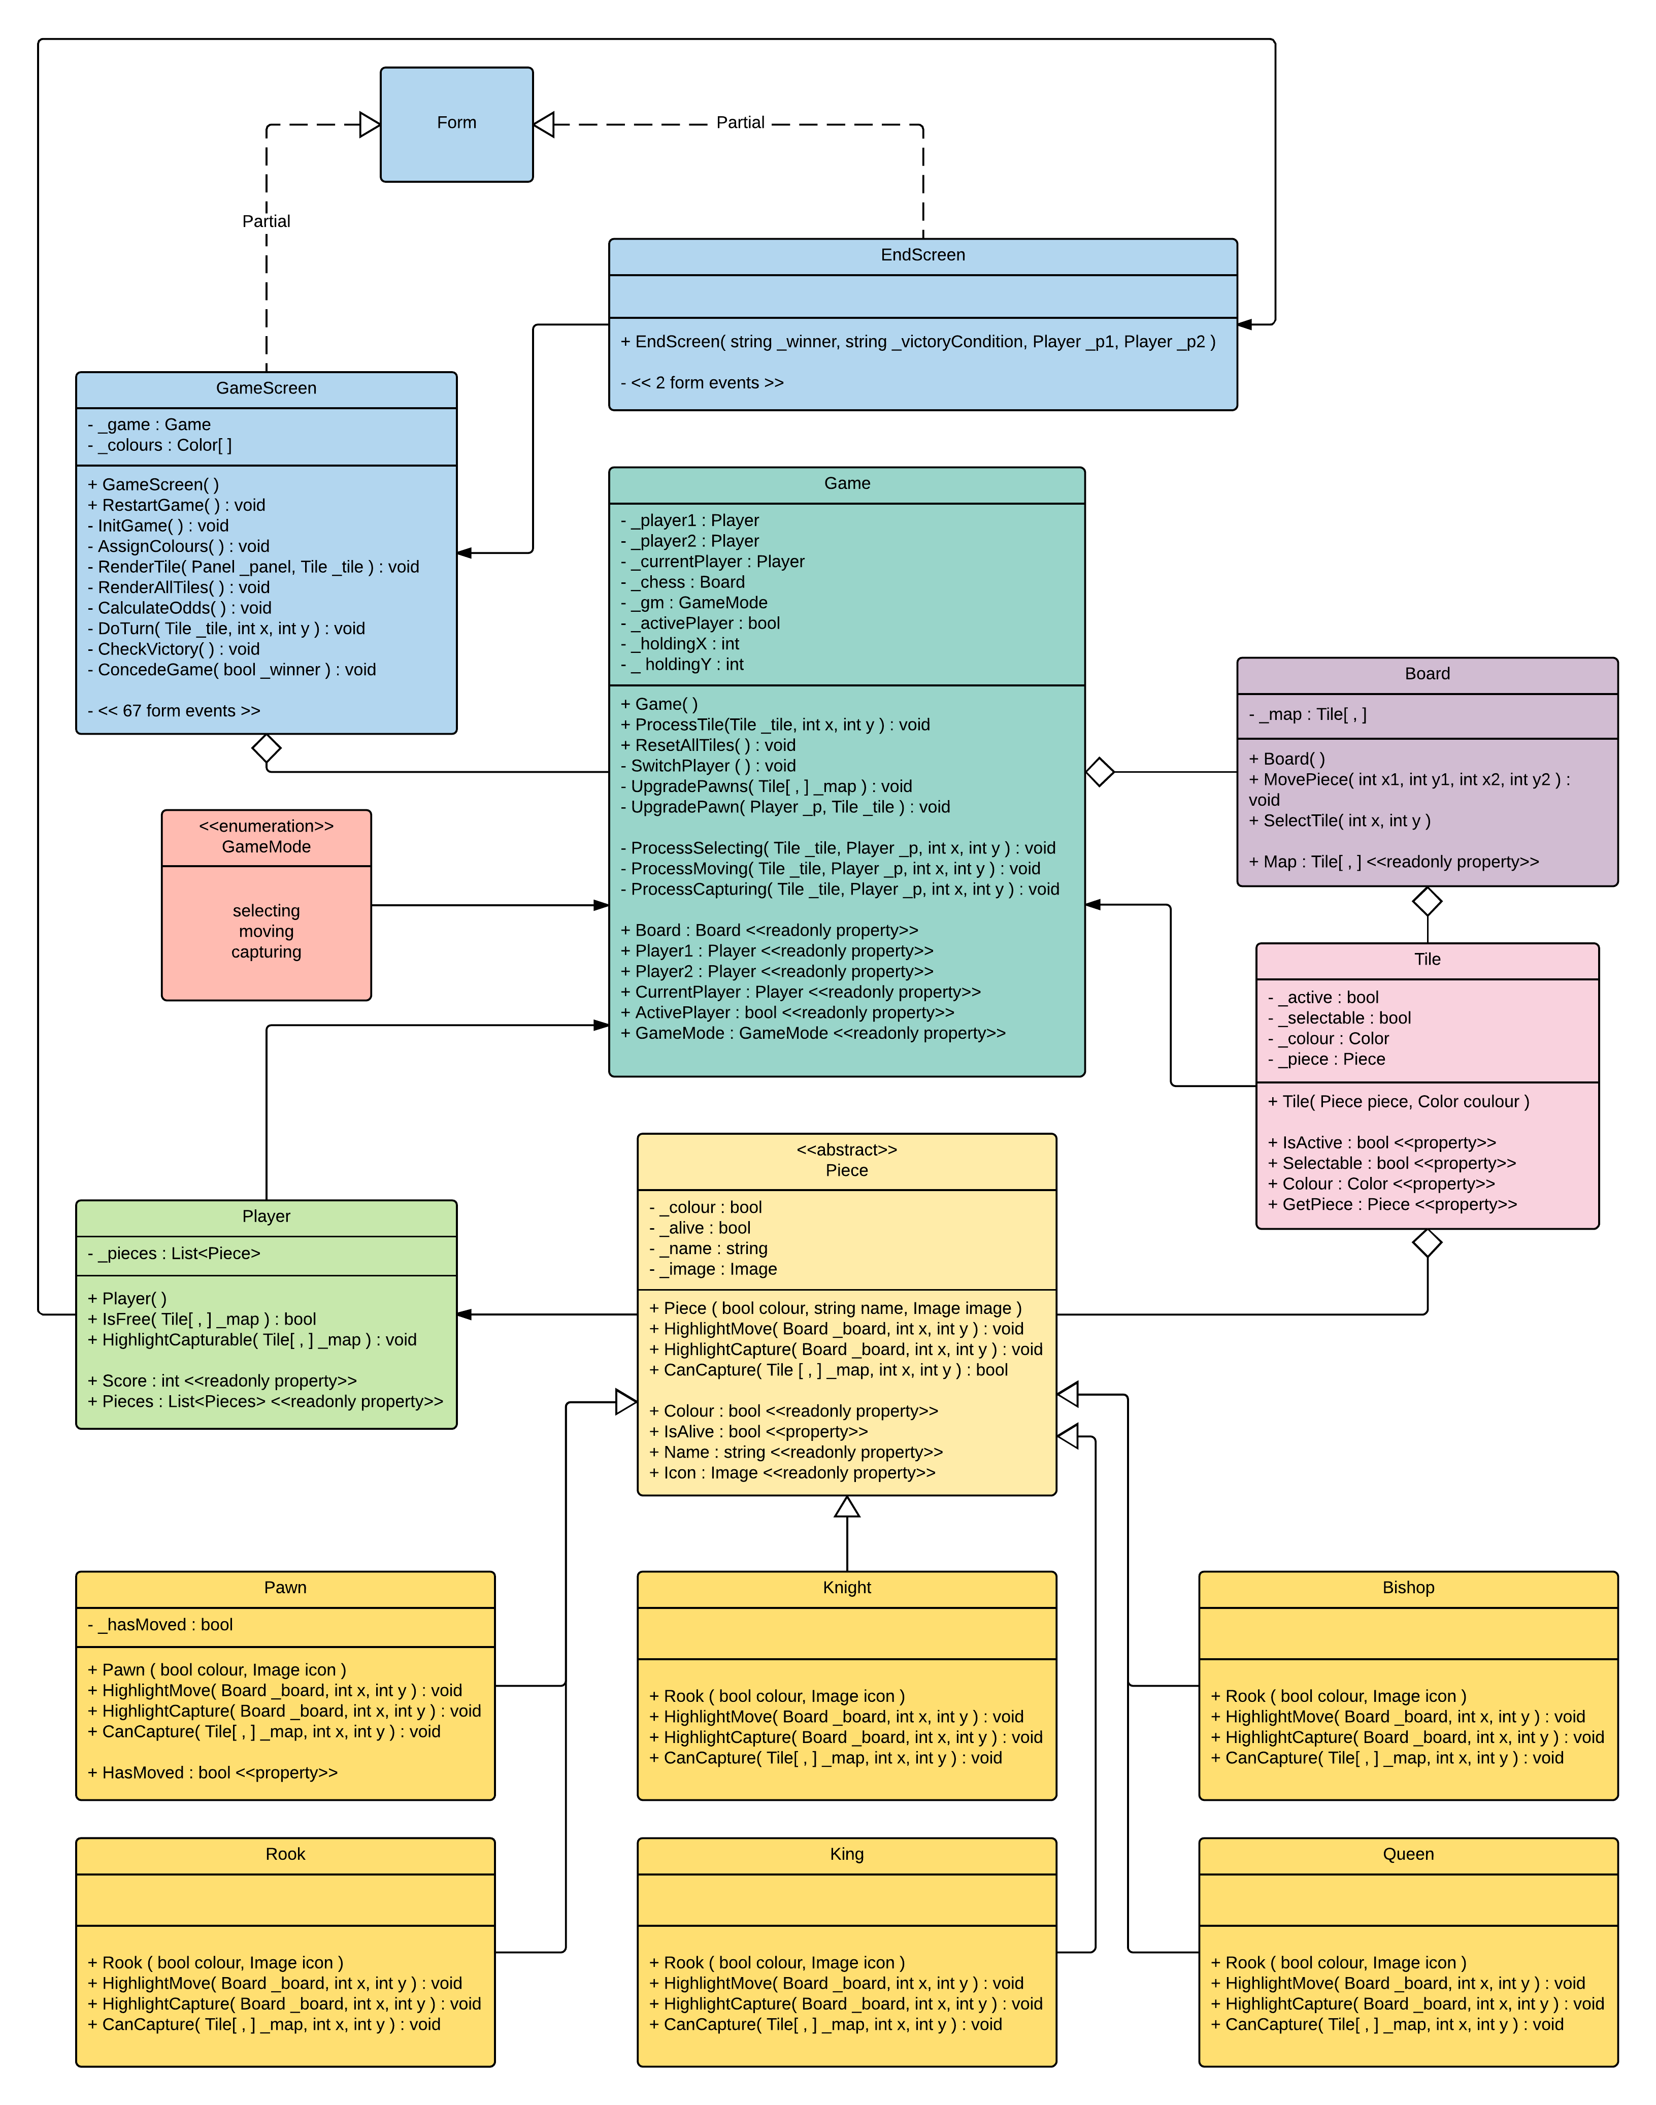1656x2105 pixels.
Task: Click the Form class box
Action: click(x=457, y=124)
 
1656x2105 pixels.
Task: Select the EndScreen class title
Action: click(x=923, y=255)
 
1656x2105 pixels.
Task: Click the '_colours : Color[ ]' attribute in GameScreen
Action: click(x=160, y=445)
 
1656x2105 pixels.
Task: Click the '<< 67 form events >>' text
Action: click(x=175, y=711)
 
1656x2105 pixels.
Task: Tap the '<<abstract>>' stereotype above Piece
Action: click(x=846, y=1150)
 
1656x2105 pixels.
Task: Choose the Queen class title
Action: click(x=1408, y=1854)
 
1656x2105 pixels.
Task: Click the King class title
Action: click(x=846, y=1854)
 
